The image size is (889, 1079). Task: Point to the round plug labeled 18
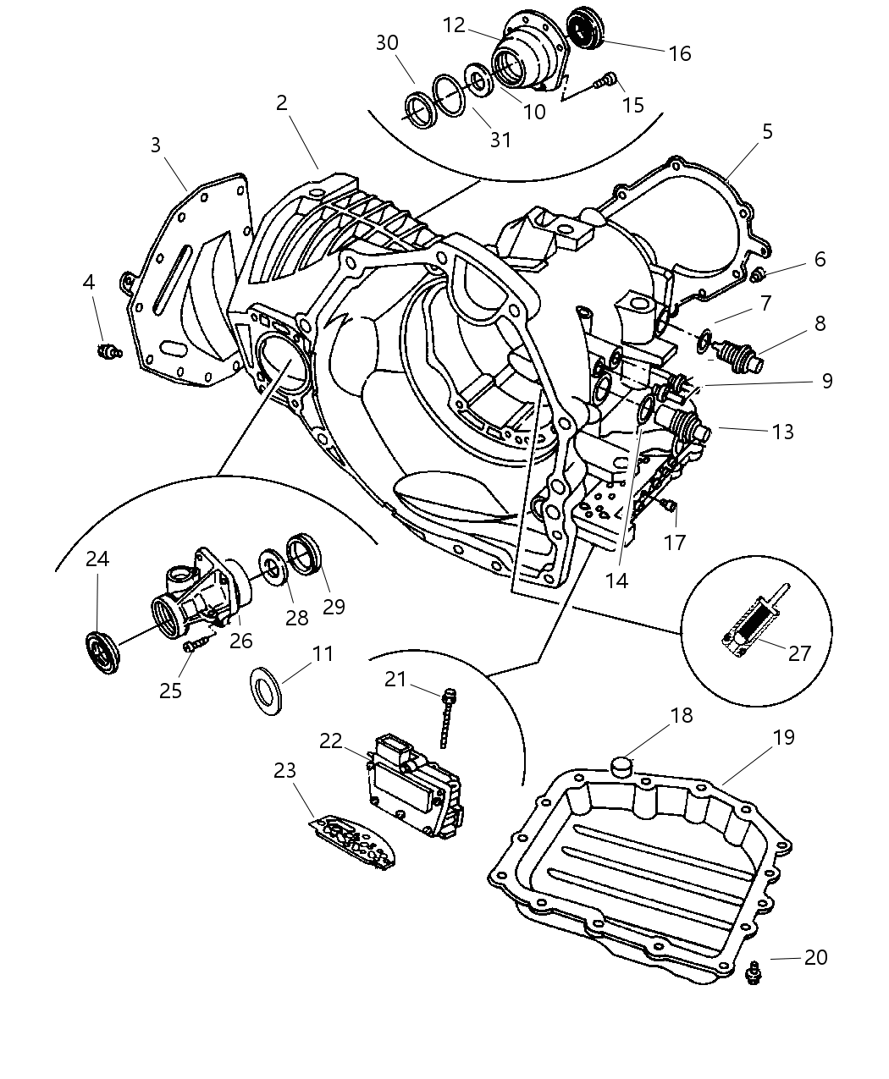point(622,767)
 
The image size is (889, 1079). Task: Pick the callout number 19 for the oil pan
point(783,737)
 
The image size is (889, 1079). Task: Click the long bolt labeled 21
point(447,718)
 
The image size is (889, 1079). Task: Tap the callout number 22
point(330,741)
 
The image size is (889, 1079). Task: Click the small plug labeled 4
point(108,350)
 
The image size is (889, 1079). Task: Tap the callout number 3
point(155,145)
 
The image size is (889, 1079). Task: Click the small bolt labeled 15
point(605,82)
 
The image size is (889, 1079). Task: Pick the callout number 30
point(387,42)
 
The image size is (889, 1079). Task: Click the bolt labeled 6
point(759,273)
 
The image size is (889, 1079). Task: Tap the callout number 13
point(783,432)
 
